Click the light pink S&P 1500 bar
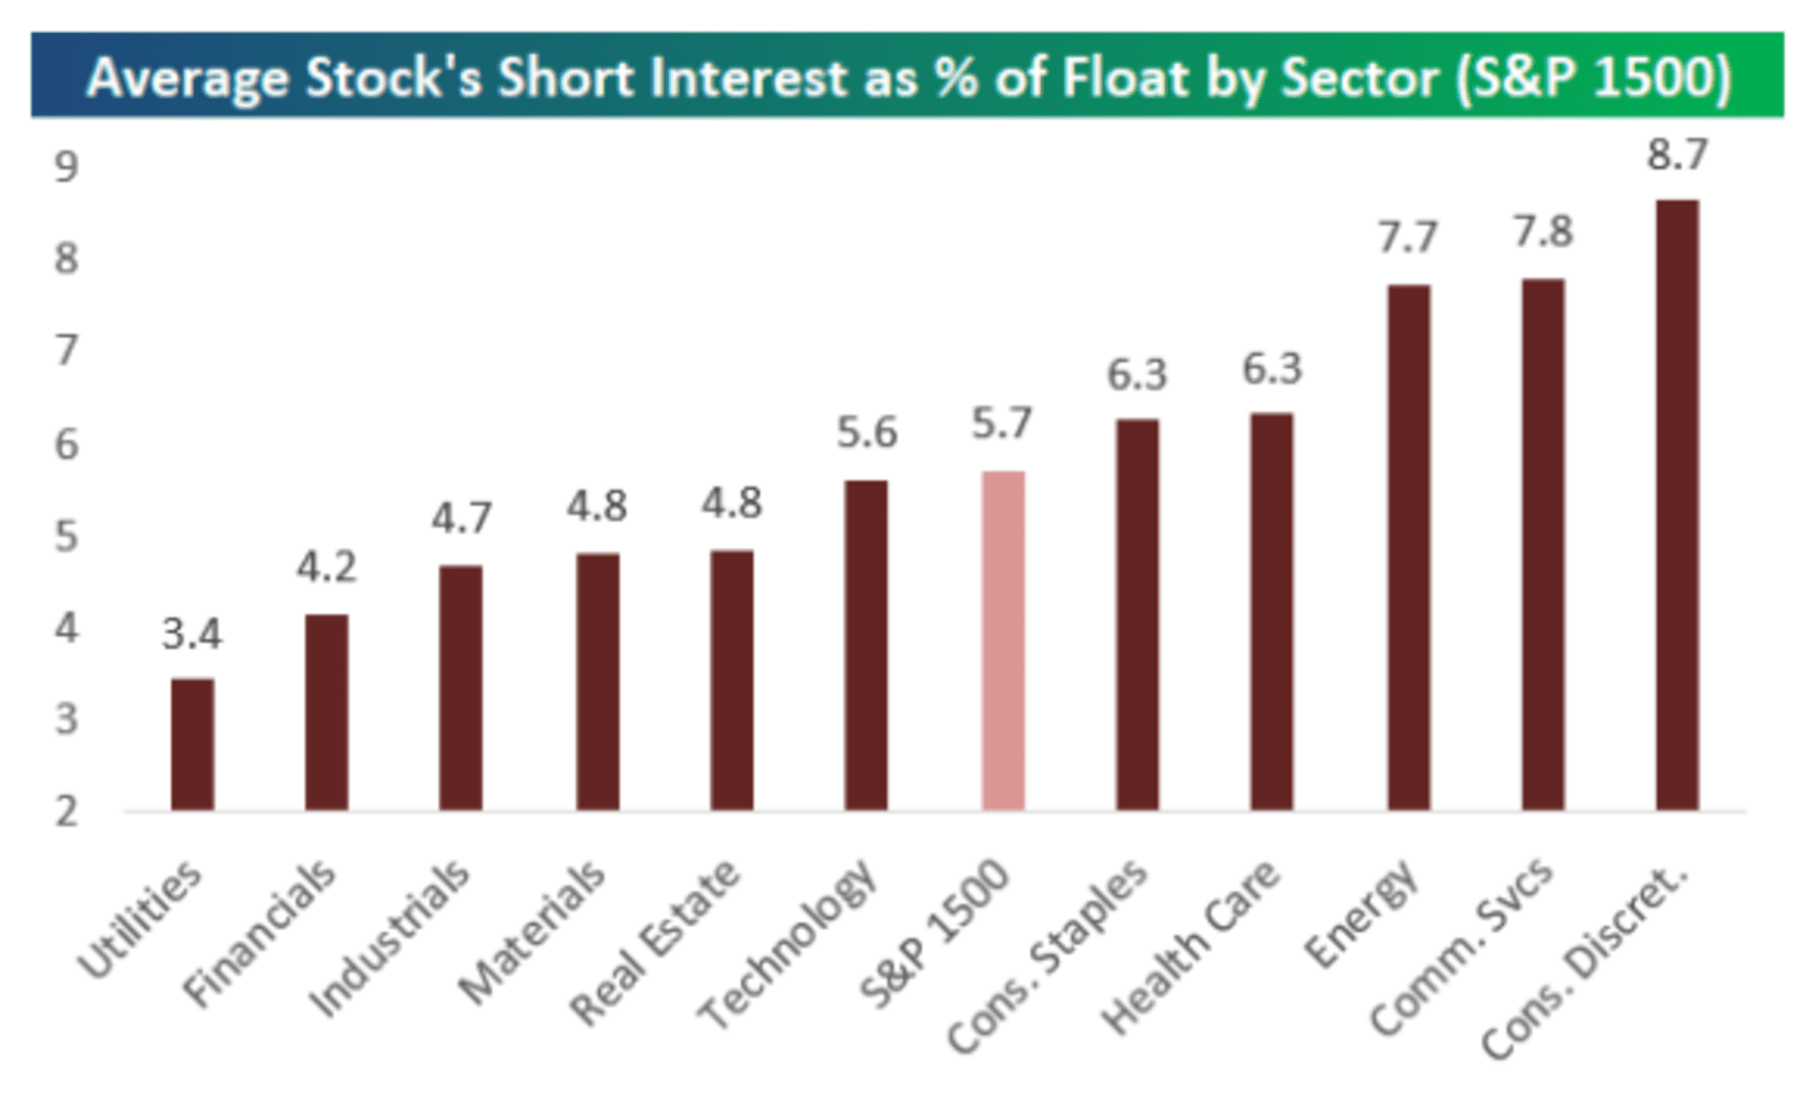pos(1003,641)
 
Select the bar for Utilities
pos(192,744)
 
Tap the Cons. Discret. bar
pos(1677,505)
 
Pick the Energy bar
pos(1408,547)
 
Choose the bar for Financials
pos(326,712)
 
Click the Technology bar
pos(865,645)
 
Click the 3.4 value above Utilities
pos(192,635)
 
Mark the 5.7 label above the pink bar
pos(1002,424)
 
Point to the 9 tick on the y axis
pos(66,168)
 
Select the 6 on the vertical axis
pos(66,445)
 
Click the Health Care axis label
pos(1192,946)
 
